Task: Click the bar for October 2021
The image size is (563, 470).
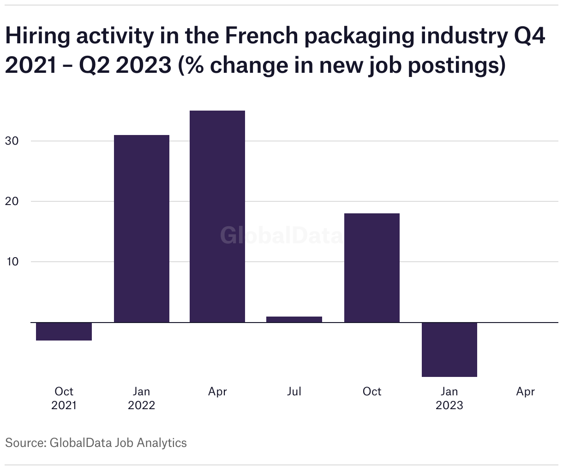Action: tap(64, 331)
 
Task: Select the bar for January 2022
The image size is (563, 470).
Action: tap(141, 229)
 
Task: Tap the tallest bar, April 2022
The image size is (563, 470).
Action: tap(217, 217)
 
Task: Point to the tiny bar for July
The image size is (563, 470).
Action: tap(294, 319)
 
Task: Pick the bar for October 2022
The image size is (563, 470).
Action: tap(371, 268)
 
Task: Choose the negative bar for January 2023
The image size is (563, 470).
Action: tap(449, 349)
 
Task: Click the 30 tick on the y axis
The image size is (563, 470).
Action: tap(12, 141)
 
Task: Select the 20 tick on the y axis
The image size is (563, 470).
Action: tap(12, 201)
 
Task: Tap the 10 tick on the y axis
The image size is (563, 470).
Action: tap(12, 262)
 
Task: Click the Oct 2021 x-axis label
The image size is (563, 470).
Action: tap(64, 398)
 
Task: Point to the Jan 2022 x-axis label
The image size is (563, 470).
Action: tap(141, 398)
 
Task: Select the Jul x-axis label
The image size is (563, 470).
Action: tap(294, 392)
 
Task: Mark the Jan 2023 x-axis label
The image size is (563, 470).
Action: tap(449, 398)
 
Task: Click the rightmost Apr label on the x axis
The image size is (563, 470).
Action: tap(525, 392)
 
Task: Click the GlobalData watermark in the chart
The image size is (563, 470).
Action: tap(281, 235)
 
